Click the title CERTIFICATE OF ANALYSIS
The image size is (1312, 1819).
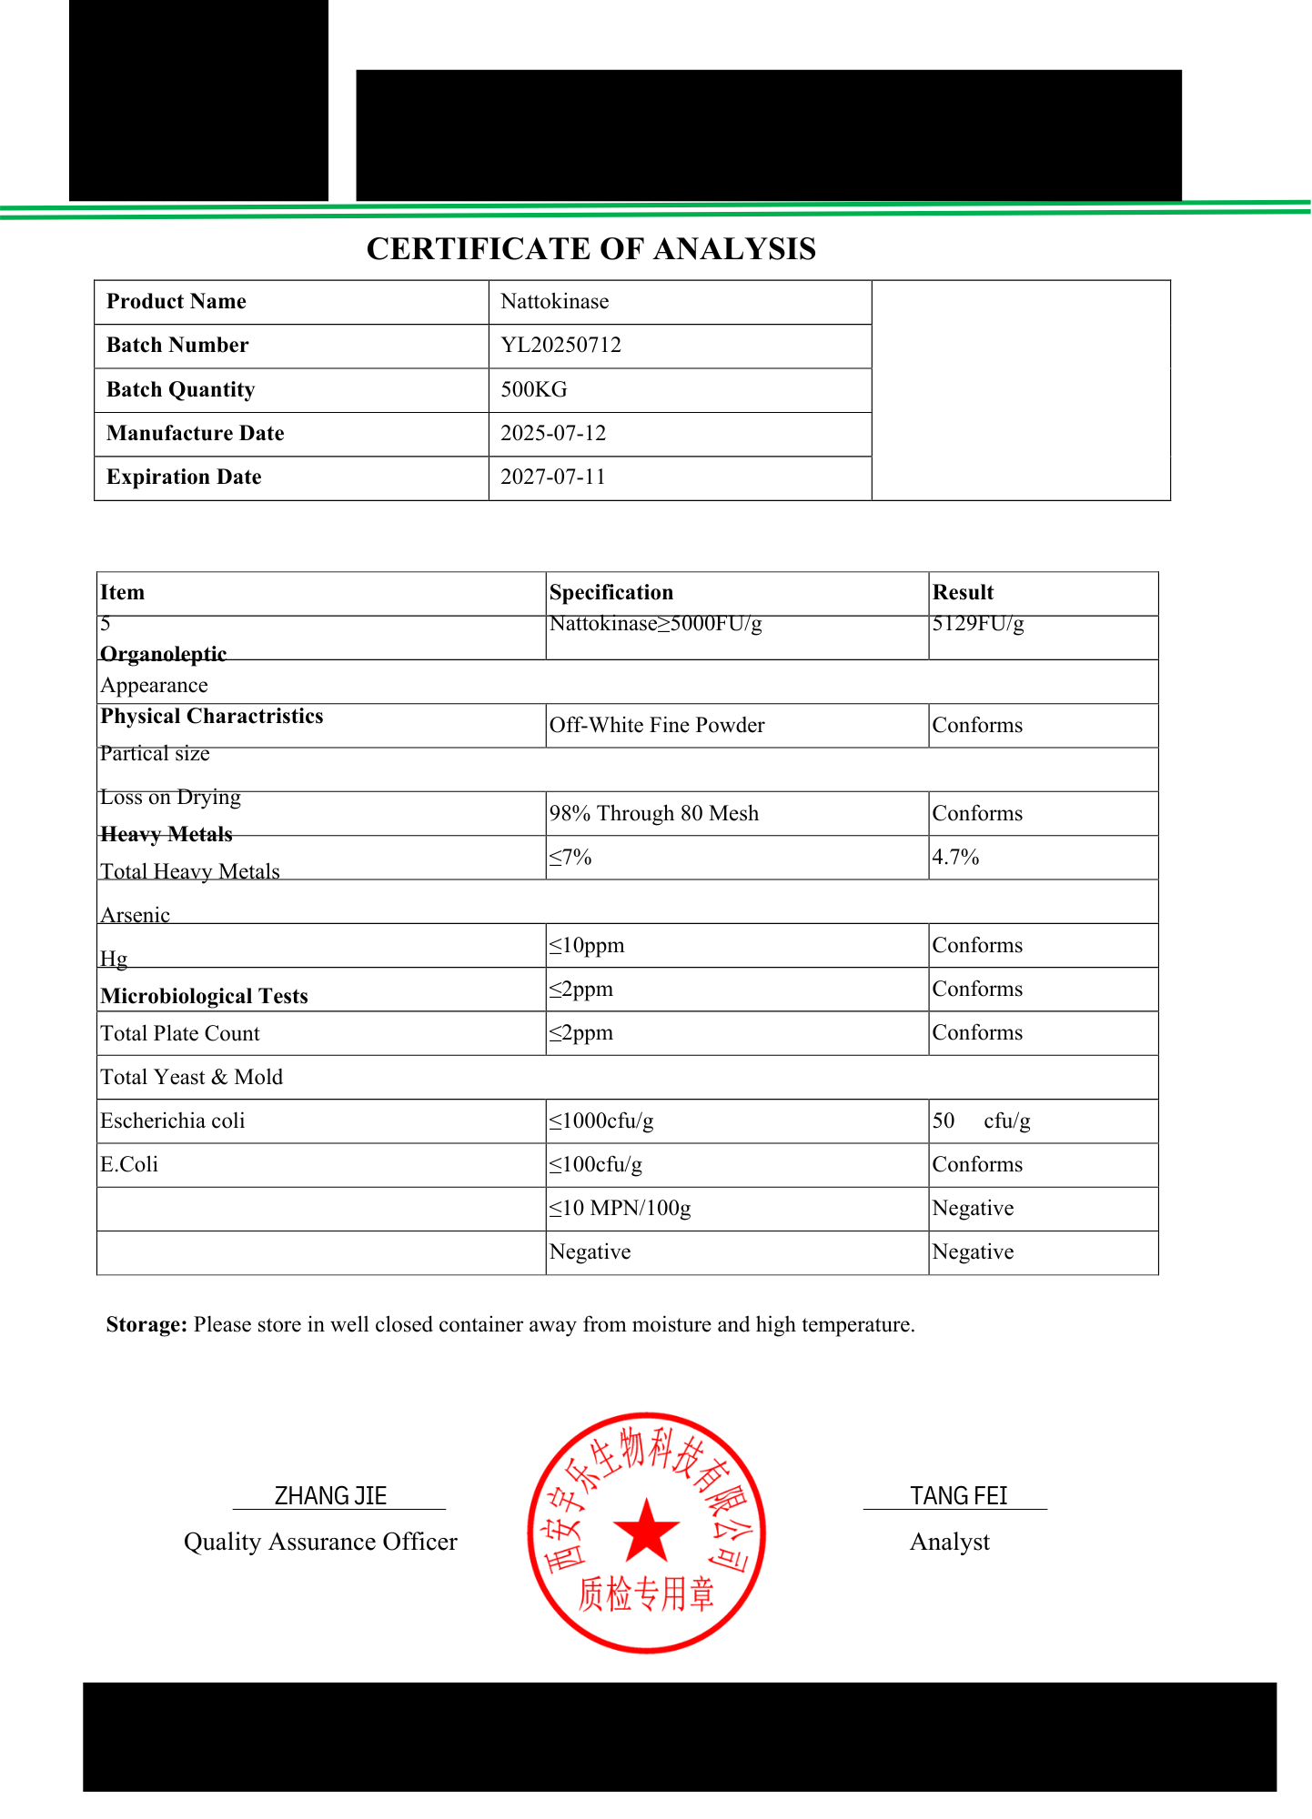[590, 249]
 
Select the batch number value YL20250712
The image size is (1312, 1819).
[560, 346]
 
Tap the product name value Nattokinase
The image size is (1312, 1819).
[554, 302]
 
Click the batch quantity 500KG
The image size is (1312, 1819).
[533, 390]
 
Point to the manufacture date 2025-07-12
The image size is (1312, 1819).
[552, 434]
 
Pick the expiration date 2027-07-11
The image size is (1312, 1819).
[552, 477]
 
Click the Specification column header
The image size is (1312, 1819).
[611, 593]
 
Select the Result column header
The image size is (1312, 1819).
[963, 593]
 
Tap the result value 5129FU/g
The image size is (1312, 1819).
[977, 624]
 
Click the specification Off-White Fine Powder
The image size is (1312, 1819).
[656, 726]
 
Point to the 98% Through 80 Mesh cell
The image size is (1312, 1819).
[653, 814]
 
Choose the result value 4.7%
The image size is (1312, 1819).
[955, 858]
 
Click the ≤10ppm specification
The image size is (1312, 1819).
[587, 946]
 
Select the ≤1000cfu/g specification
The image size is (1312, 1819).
[601, 1121]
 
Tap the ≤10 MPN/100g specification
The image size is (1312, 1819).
[620, 1209]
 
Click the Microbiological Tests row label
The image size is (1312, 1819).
[204, 997]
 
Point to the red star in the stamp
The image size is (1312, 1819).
[646, 1530]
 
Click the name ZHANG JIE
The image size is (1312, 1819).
[330, 1496]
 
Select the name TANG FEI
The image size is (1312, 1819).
[958, 1496]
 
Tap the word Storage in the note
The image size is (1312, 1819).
[146, 1325]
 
